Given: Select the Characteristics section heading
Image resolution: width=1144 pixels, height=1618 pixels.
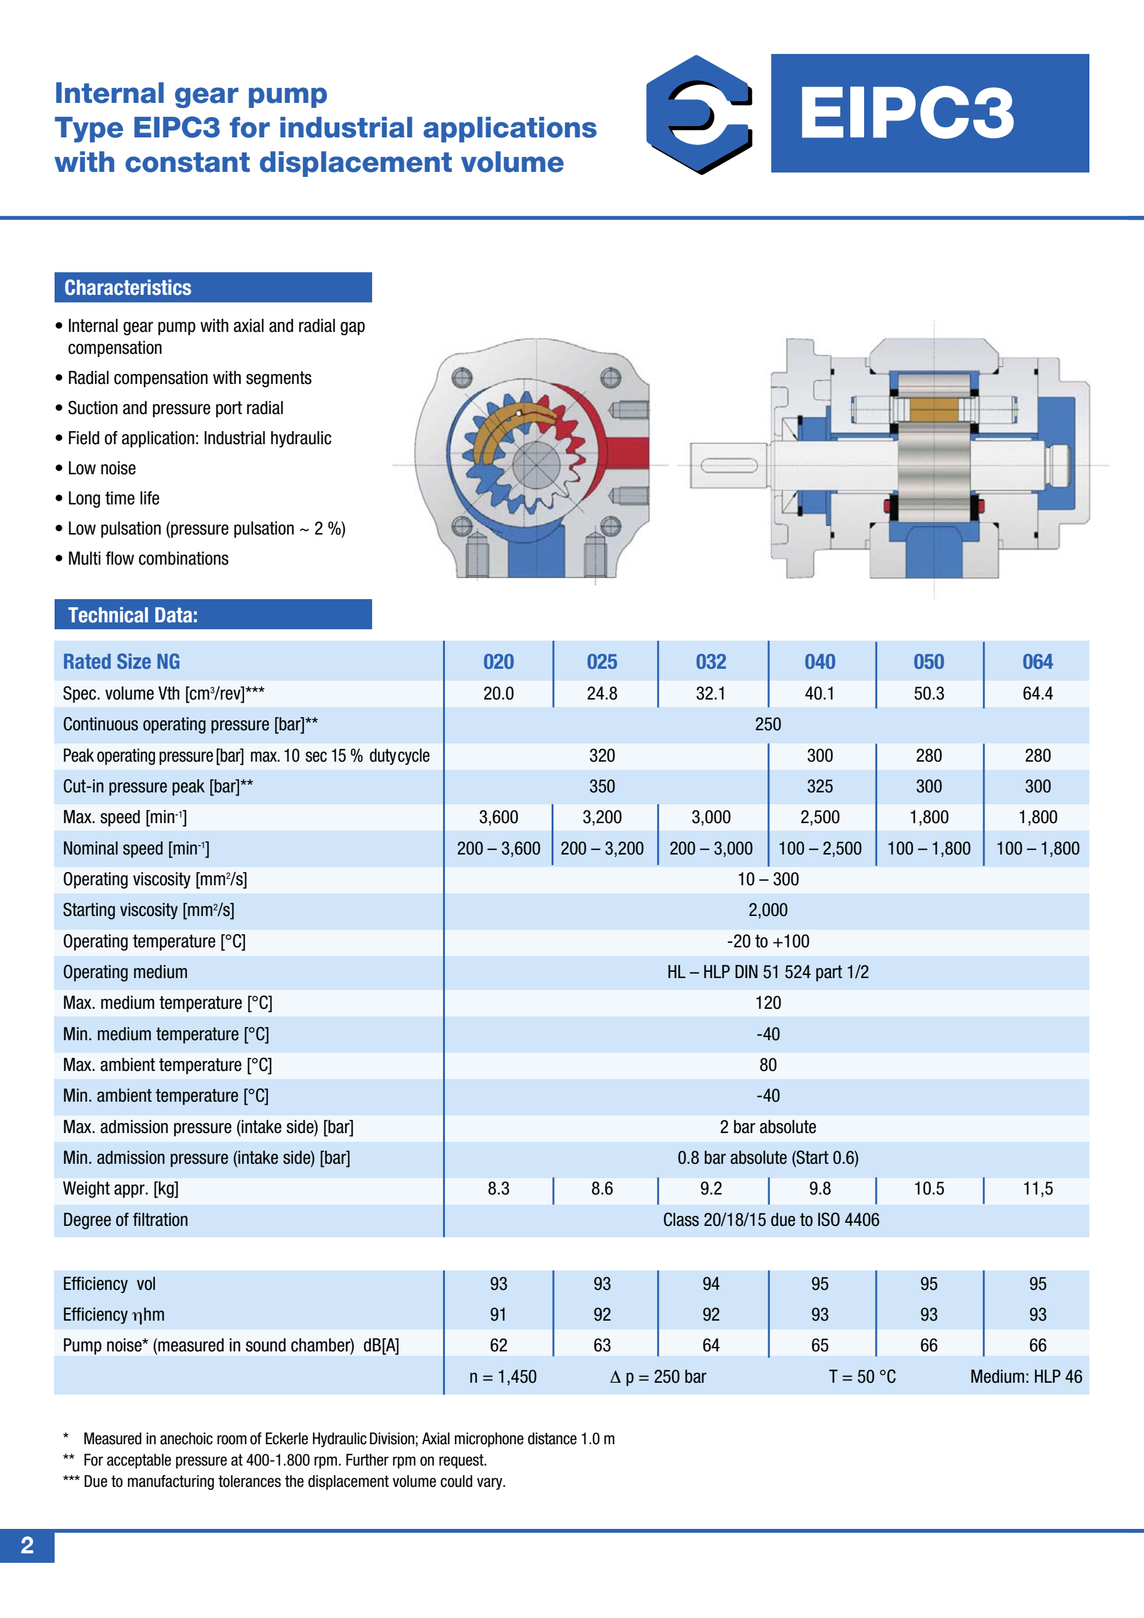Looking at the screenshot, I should (x=128, y=287).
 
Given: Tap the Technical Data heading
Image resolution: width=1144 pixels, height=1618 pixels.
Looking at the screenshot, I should (x=132, y=615).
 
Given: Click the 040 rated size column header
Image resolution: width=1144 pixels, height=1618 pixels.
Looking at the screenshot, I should (x=820, y=662).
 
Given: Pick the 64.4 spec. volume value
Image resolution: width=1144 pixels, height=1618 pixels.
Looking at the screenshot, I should (x=1037, y=693).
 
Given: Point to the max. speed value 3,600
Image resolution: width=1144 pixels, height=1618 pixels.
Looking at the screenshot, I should (x=498, y=817).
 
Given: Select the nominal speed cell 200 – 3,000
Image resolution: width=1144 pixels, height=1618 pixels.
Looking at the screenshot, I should (x=710, y=848).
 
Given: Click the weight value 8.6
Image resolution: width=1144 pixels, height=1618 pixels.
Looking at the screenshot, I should (x=602, y=1189).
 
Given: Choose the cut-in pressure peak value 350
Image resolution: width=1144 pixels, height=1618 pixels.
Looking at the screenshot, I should (x=602, y=787).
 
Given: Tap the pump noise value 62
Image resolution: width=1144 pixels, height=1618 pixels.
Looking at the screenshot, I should (x=498, y=1345).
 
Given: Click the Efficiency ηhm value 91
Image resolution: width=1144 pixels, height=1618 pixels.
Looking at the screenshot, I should (x=498, y=1314).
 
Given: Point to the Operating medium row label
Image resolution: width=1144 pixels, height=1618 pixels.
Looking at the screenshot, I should (x=126, y=972).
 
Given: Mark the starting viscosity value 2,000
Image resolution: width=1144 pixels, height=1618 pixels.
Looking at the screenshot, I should (x=767, y=910).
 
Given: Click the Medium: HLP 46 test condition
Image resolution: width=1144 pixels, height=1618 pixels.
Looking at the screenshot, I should (x=1025, y=1377).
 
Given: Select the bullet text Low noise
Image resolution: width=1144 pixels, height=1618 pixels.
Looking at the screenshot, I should (x=102, y=469).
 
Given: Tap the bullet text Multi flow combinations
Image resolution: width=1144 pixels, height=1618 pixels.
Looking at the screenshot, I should (x=148, y=559).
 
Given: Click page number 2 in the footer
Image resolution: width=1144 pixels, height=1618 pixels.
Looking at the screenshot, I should (x=27, y=1545).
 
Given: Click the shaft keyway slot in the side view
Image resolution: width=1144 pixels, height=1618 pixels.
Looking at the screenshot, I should (x=729, y=465).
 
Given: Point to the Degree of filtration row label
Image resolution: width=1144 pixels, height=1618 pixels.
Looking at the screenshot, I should (x=126, y=1220).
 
